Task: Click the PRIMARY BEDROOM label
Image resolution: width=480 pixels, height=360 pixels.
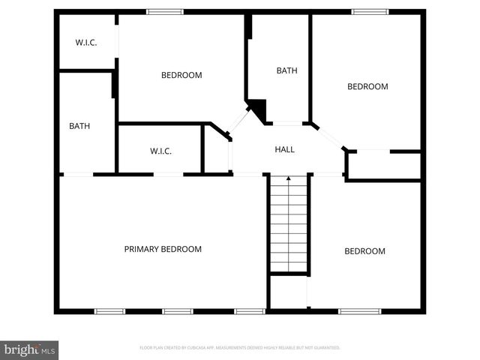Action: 163,249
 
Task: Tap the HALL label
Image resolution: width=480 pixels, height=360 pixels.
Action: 284,149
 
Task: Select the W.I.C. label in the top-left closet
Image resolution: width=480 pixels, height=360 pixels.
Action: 86,42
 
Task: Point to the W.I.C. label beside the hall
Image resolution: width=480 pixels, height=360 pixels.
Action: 160,151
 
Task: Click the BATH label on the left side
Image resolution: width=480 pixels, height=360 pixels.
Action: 79,126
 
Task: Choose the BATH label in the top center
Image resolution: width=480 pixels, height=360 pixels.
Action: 286,70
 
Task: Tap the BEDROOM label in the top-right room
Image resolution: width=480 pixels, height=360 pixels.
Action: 367,86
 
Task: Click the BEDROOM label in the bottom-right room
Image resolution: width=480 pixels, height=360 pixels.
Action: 364,251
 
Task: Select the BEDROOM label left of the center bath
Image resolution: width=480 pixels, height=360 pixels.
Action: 182,75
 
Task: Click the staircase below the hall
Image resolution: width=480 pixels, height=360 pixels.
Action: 289,223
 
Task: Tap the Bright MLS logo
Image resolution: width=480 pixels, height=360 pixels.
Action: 29,349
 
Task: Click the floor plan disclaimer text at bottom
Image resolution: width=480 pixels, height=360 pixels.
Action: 240,347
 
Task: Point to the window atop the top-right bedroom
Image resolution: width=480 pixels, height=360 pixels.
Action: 370,11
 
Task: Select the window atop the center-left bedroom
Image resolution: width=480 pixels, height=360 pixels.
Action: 164,11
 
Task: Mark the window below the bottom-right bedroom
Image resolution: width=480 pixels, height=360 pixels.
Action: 359,310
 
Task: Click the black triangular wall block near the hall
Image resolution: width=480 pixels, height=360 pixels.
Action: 259,110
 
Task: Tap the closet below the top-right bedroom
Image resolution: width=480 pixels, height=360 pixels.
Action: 383,164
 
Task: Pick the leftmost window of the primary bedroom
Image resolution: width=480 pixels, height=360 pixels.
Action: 108,310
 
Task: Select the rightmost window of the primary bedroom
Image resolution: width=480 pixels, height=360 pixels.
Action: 249,310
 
